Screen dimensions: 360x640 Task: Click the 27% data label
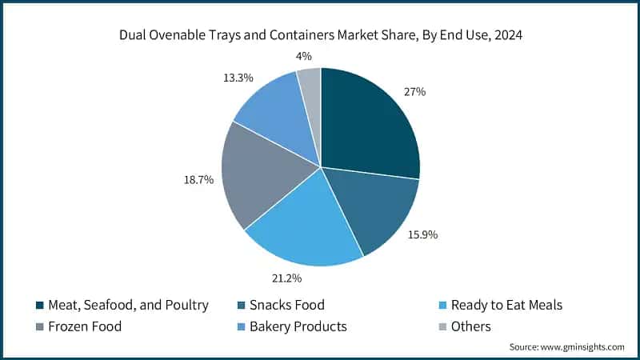(x=414, y=92)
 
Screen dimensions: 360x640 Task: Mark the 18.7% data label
(x=198, y=181)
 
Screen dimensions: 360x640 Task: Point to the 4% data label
(x=303, y=56)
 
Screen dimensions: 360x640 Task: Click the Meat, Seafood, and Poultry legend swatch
(x=39, y=305)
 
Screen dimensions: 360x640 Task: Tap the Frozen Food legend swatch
(x=39, y=326)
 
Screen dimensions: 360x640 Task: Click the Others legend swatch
(x=443, y=326)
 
